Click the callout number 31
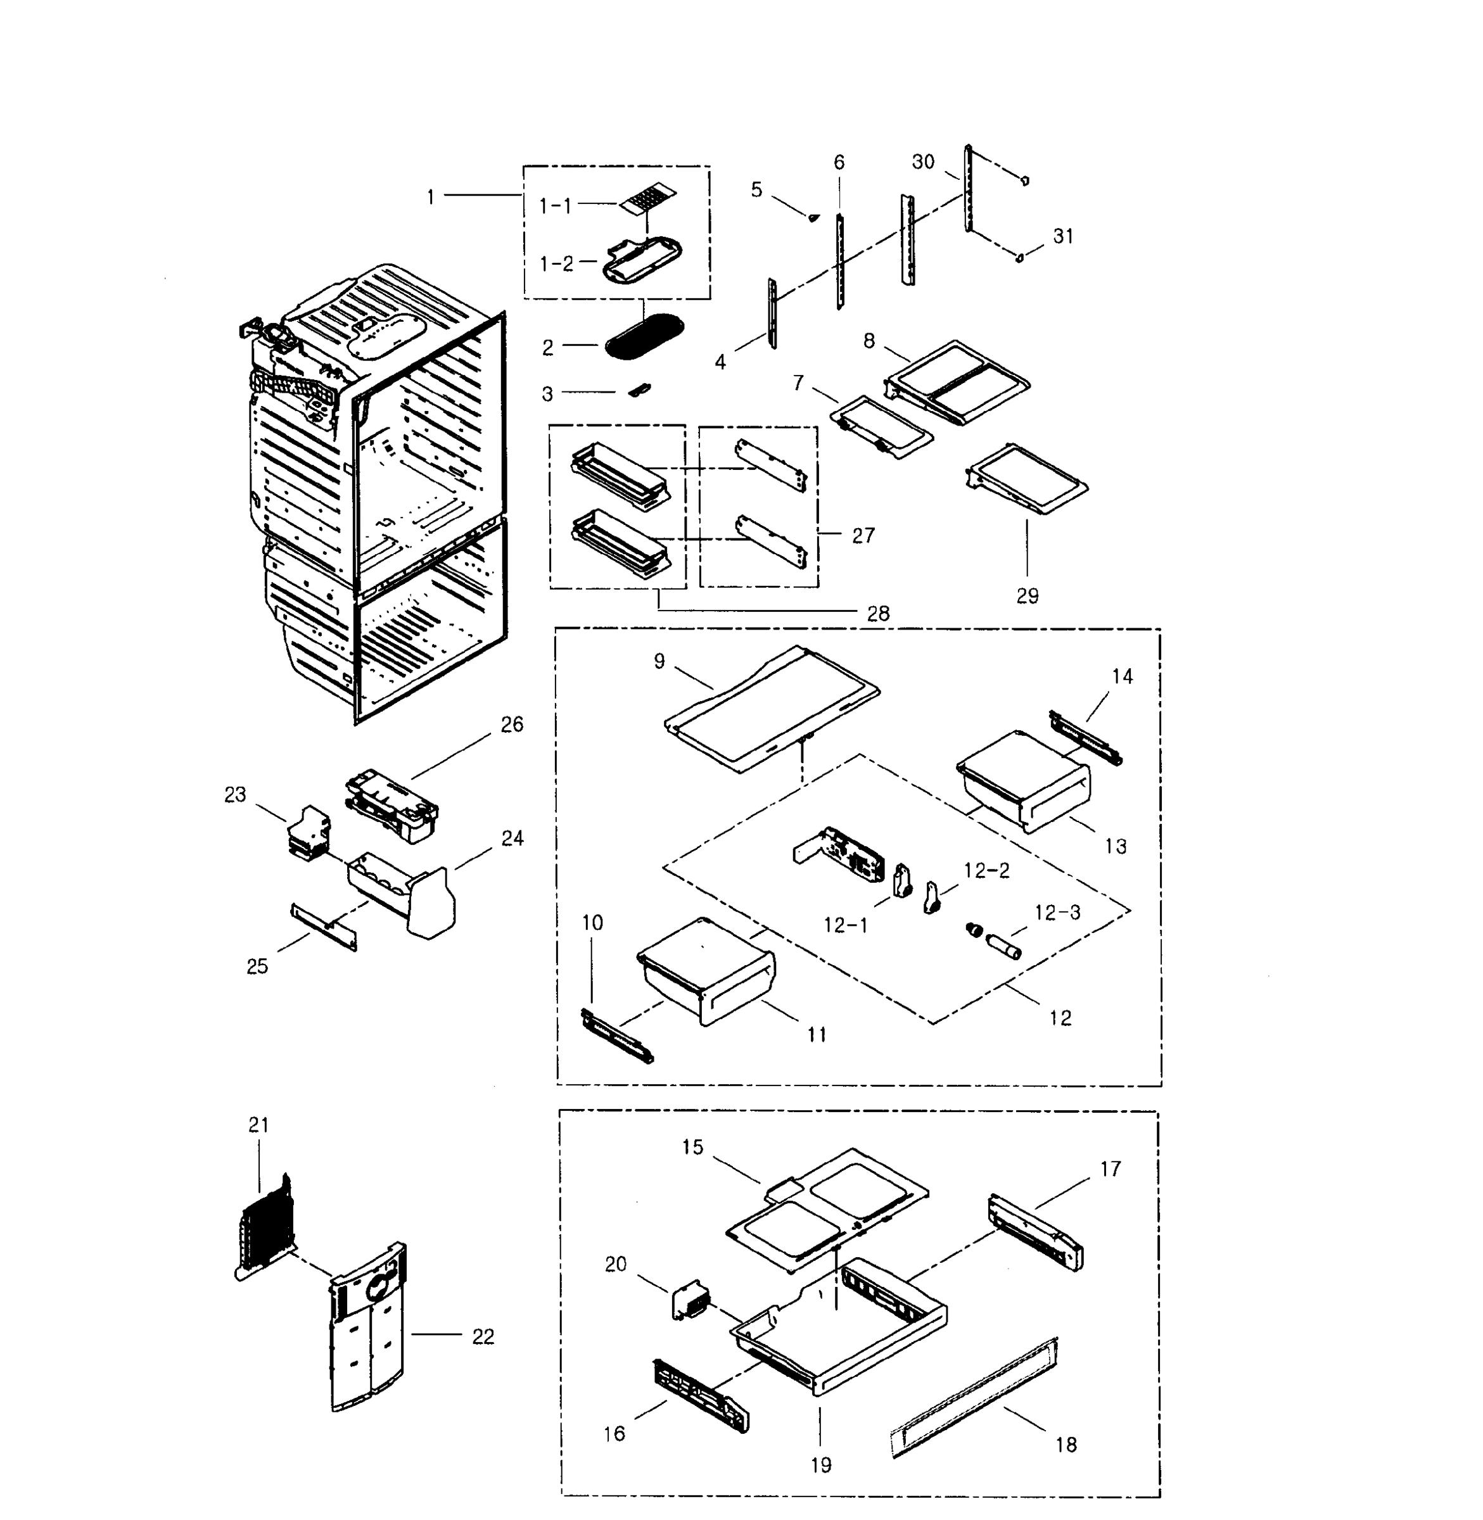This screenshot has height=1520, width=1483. pyautogui.click(x=1062, y=236)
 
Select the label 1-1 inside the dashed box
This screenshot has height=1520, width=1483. pyautogui.click(x=556, y=206)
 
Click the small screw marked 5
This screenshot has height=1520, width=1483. pyautogui.click(x=814, y=217)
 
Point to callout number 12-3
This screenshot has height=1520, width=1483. pyautogui.click(x=1057, y=912)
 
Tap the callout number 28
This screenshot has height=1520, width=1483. pyautogui.click(x=878, y=614)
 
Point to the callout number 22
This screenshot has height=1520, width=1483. pyautogui.click(x=483, y=1336)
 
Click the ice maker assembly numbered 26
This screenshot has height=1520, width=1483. pyautogui.click(x=391, y=807)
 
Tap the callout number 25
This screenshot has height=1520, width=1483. pyautogui.click(x=257, y=966)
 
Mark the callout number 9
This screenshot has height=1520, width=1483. pyautogui.click(x=659, y=661)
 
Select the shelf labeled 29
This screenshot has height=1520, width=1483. pyautogui.click(x=1027, y=478)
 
